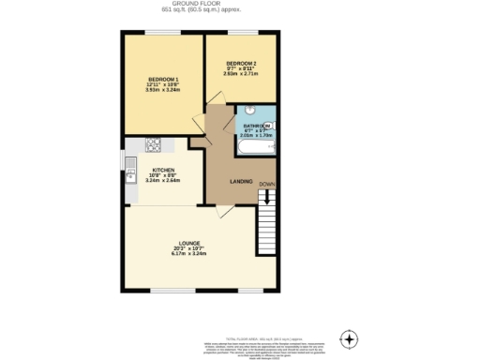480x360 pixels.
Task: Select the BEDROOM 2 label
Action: pyautogui.click(x=243, y=63)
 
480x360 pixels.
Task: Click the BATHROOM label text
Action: pyautogui.click(x=256, y=126)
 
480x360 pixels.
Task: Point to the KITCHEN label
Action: pyautogui.click(x=163, y=170)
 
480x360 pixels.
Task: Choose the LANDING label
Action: pyautogui.click(x=243, y=181)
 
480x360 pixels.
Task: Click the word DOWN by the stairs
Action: pyautogui.click(x=267, y=184)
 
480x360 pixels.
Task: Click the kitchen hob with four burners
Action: pyautogui.click(x=154, y=144)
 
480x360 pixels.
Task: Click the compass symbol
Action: pyautogui.click(x=349, y=338)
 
